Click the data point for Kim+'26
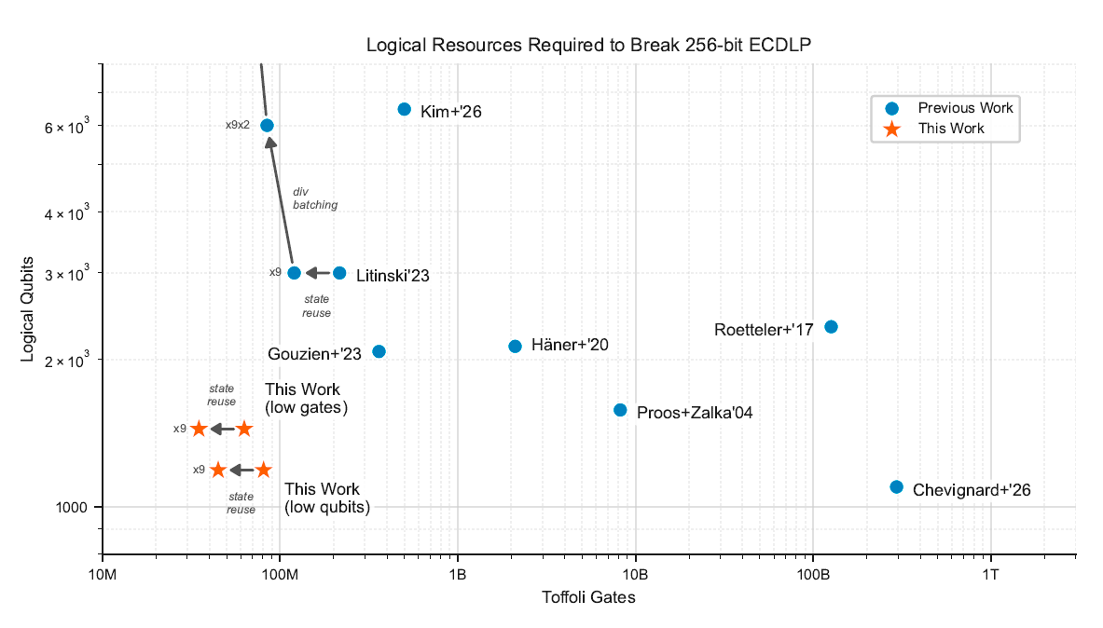tap(405, 109)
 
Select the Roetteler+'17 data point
tap(832, 326)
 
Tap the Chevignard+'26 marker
tap(897, 486)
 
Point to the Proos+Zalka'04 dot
tap(621, 410)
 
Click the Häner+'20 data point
tap(516, 346)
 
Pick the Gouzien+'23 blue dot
tap(379, 351)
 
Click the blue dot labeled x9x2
tap(267, 125)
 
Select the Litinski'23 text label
tap(393, 276)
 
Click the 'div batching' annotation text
tap(315, 198)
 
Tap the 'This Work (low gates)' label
tap(307, 398)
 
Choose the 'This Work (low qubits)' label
tap(326, 498)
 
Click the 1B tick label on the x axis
tap(458, 573)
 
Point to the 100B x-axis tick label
tap(813, 573)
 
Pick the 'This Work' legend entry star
tap(892, 129)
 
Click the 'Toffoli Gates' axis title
tap(588, 597)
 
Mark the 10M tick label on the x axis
tap(102, 573)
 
